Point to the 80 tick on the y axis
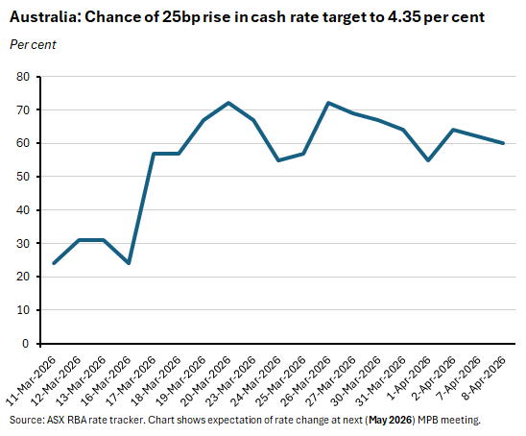(22, 77)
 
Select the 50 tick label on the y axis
(22, 177)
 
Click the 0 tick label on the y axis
(26, 344)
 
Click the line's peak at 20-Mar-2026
(228, 103)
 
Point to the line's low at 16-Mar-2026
(129, 263)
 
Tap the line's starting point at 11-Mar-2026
(54, 263)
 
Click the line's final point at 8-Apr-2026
(503, 143)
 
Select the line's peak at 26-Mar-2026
(328, 103)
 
